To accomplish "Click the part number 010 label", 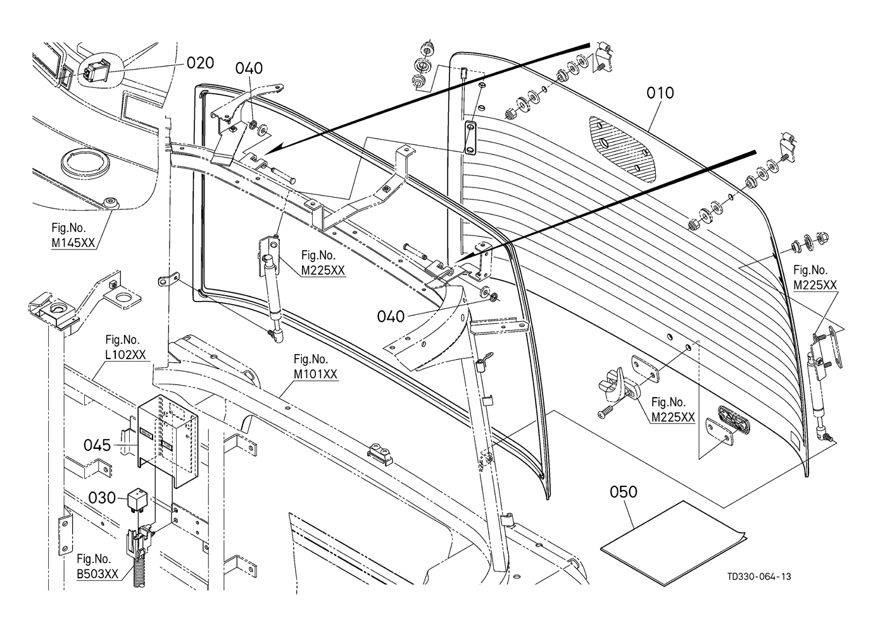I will point(660,92).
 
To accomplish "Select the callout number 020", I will point(200,63).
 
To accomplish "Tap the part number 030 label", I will point(102,498).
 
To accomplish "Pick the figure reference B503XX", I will point(97,574).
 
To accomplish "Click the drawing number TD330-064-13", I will point(758,576).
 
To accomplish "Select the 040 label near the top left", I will point(249,68).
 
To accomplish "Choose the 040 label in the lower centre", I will point(391,315).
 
